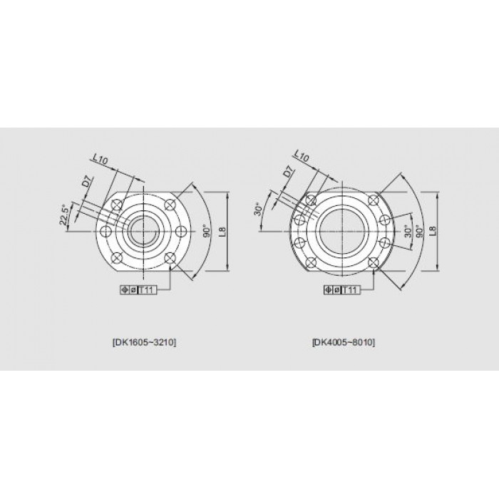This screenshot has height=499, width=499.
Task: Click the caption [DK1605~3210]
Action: [x=144, y=342]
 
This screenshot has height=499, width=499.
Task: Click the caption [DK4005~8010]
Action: [x=344, y=342]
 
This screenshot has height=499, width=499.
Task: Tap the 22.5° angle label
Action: [x=64, y=215]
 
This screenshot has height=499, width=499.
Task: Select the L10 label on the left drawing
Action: [x=101, y=159]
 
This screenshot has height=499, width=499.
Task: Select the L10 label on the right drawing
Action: [x=301, y=156]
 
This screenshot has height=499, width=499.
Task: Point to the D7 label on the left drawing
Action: [x=88, y=182]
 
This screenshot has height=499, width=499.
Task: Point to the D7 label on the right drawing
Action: [x=288, y=173]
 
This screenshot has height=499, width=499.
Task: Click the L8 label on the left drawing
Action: [x=222, y=232]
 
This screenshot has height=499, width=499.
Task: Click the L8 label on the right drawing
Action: [x=433, y=230]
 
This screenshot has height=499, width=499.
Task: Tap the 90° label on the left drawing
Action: [x=207, y=232]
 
